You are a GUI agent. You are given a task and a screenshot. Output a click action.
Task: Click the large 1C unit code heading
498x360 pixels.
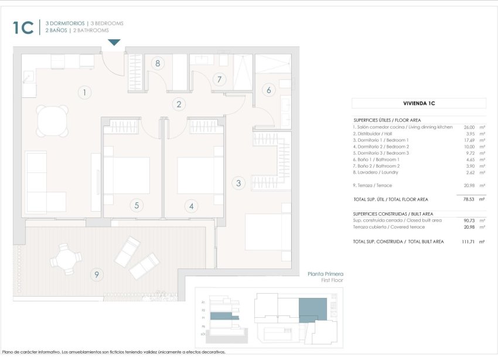tap(23, 27)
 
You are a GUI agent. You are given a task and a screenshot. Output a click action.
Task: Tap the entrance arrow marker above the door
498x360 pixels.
tap(115, 42)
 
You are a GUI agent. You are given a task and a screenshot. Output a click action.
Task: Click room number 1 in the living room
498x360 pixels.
tap(85, 92)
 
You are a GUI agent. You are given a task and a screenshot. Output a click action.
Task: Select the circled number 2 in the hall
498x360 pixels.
tap(180, 104)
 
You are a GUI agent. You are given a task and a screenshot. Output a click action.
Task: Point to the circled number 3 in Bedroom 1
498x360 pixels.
tap(238, 183)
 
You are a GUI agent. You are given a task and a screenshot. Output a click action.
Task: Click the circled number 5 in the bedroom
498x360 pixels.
tap(137, 205)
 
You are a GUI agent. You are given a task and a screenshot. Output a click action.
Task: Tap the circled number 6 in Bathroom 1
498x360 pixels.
tap(269, 90)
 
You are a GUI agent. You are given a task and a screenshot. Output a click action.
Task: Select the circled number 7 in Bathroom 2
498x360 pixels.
tap(220, 79)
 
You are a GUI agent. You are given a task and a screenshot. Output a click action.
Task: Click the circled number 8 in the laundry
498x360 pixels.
tap(157, 63)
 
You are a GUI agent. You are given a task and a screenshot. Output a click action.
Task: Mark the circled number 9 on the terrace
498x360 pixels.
tap(97, 274)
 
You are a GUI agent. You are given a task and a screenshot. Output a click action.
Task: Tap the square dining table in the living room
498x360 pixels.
tap(53, 120)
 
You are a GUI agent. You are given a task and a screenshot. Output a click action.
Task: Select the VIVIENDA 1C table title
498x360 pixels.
tap(418, 103)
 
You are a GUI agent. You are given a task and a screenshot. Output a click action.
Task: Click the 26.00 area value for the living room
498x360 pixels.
tap(469, 127)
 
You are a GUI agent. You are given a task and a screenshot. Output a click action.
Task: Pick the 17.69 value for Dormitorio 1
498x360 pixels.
tap(469, 140)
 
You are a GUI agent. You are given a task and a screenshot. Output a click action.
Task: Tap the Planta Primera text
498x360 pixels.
tap(325, 274)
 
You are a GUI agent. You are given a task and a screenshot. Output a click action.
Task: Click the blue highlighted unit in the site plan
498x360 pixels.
tap(312, 308)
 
